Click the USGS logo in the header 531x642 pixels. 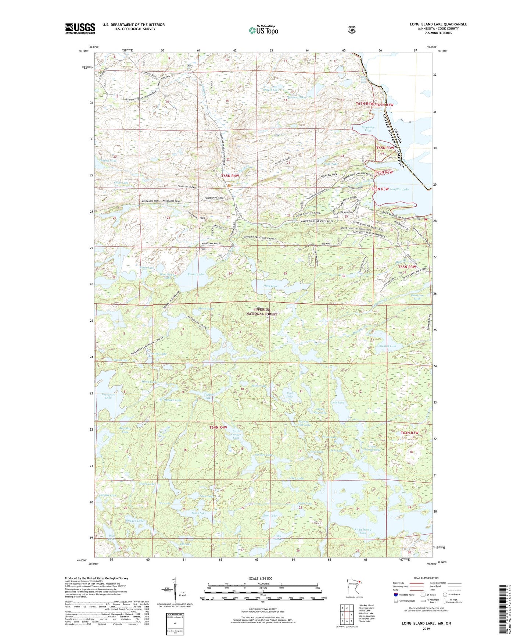coord(80,28)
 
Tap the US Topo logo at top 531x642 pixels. coord(263,31)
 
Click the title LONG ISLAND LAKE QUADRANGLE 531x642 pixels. coord(438,24)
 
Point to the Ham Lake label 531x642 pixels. coord(270,286)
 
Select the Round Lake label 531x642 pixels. coord(195,274)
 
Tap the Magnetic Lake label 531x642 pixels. coord(368,129)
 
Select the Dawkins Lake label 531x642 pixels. coord(387,346)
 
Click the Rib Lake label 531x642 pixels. coord(338,403)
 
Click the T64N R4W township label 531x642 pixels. coord(218,427)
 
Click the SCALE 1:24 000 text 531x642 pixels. coord(261,579)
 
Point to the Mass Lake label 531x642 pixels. coord(199,513)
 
